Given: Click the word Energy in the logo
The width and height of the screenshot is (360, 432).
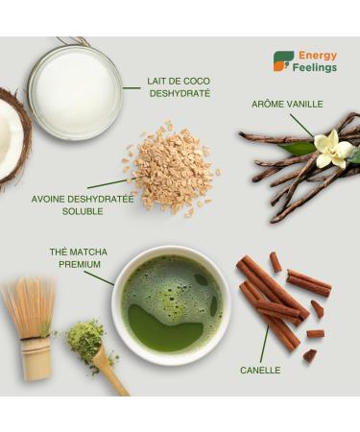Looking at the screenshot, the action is [318, 56].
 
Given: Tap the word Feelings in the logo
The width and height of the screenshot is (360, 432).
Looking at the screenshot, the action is [315, 68].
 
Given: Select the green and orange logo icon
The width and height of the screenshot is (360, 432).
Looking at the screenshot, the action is [283, 61].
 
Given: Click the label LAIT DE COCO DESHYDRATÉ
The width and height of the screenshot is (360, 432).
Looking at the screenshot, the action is [179, 87].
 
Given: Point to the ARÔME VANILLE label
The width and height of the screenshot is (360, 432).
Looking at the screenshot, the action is [287, 104].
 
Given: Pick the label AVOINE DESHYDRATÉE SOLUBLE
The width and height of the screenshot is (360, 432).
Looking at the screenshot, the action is [83, 205].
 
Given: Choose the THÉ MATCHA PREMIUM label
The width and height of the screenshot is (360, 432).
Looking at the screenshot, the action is [79, 258].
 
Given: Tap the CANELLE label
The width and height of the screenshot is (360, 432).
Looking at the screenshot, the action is [260, 371].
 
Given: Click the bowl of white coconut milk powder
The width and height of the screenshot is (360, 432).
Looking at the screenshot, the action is [76, 92].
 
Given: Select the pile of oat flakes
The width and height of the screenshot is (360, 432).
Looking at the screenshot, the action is [173, 167].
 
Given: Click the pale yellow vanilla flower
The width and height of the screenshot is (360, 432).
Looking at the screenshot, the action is [333, 150].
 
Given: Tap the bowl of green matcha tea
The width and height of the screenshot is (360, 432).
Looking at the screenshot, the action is [172, 305].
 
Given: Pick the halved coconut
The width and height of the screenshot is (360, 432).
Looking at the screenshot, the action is [12, 139].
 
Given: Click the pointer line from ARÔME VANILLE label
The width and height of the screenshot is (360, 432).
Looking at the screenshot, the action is [301, 126].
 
